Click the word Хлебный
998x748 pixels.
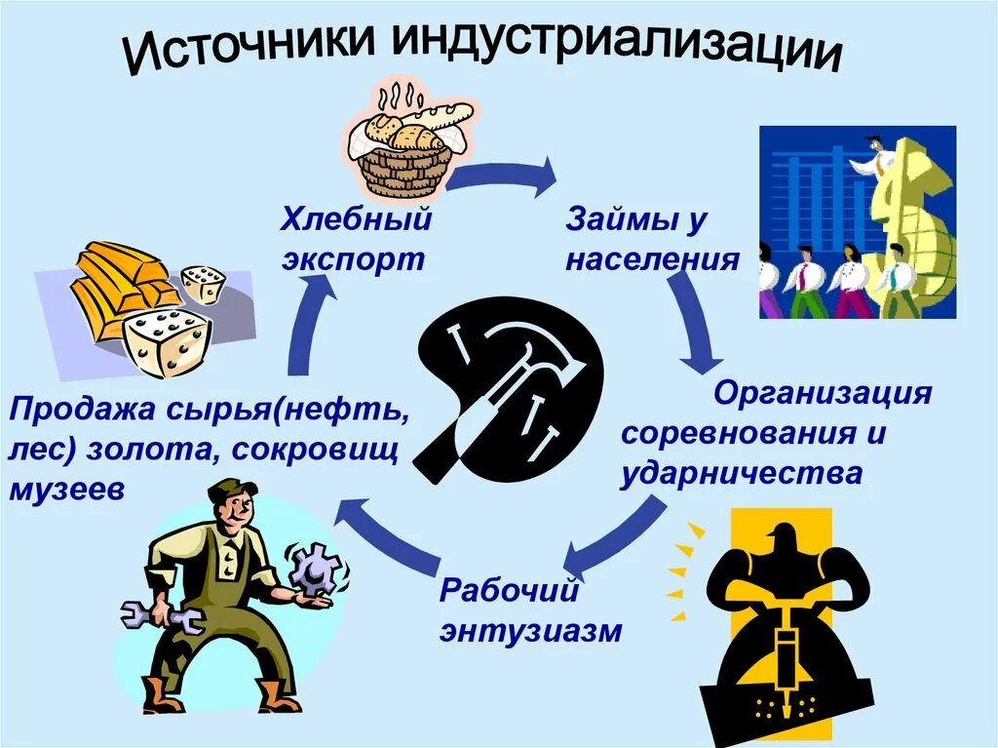pyautogui.click(x=356, y=220)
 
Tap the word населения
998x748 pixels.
pyautogui.click(x=651, y=260)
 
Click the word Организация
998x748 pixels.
pyautogui.click(x=823, y=394)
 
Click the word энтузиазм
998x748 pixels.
pyautogui.click(x=529, y=631)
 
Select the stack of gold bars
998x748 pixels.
pyautogui.click(x=122, y=283)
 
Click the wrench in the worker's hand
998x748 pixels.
pyautogui.click(x=166, y=616)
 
